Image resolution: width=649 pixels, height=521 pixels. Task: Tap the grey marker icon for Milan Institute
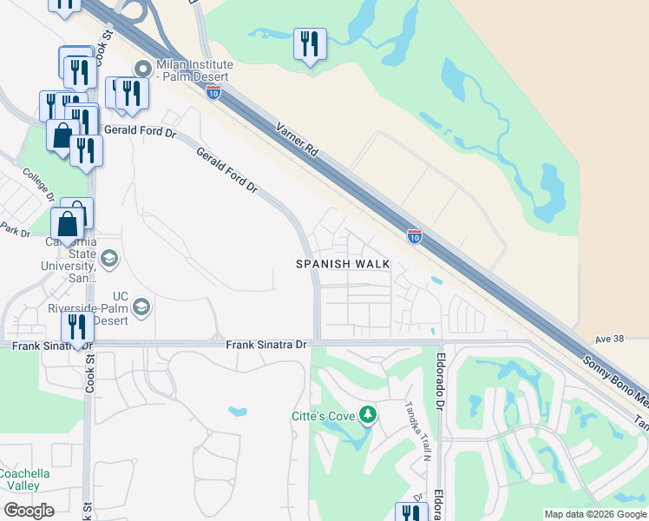(143, 68)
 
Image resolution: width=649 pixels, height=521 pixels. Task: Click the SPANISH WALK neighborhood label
(342, 264)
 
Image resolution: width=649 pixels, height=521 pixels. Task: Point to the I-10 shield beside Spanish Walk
(415, 235)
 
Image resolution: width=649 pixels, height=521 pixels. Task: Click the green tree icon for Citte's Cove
(369, 415)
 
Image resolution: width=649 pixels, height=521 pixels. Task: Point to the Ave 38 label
(612, 338)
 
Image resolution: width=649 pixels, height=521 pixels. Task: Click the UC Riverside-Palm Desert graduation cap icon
(141, 307)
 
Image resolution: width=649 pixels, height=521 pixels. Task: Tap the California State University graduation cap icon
(109, 258)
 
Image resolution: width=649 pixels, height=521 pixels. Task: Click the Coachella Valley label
(24, 479)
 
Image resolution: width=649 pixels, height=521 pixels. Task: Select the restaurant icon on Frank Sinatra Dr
(77, 328)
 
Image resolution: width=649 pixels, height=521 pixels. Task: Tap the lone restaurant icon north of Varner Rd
(310, 44)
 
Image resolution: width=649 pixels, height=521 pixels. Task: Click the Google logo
(29, 511)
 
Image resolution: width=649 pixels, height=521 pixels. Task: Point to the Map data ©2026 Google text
(594, 514)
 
